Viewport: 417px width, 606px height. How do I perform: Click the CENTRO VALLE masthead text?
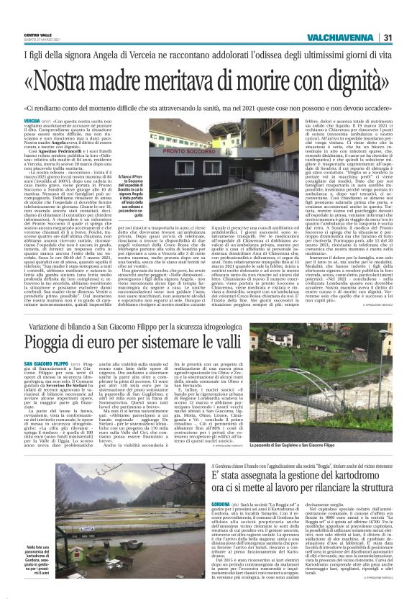pos(37,34)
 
